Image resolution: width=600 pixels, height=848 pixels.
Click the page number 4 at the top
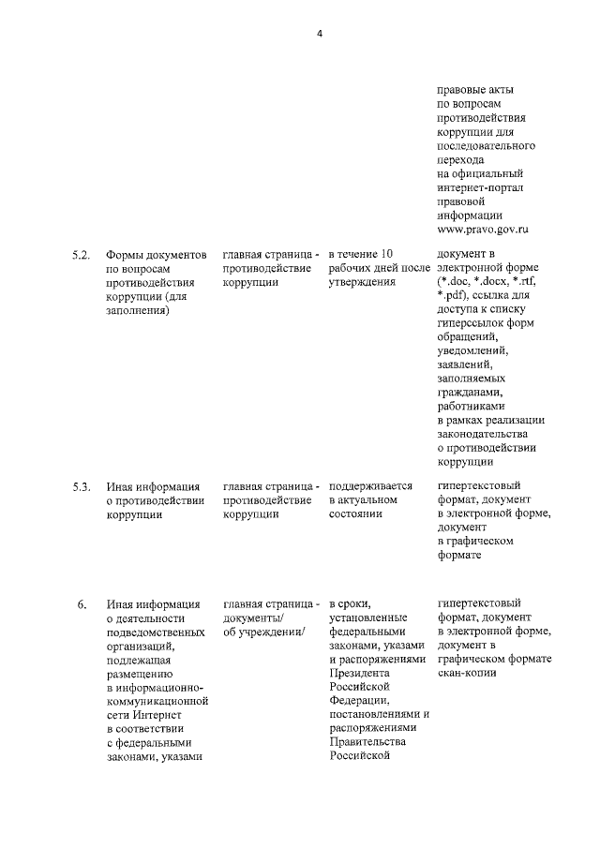[319, 34]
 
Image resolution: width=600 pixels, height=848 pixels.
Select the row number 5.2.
[82, 255]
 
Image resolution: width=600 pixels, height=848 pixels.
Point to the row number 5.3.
[82, 486]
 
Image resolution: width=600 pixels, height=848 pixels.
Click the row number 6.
[82, 603]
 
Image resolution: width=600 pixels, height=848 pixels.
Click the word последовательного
[486, 147]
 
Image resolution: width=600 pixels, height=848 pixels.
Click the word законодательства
[483, 434]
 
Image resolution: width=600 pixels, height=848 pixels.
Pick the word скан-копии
[467, 672]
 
